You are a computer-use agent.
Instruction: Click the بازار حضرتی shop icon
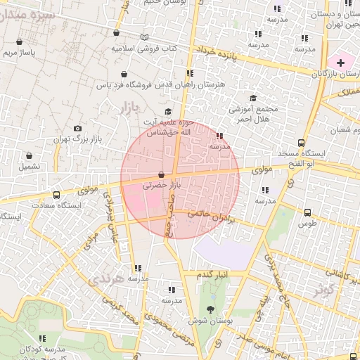tap(162, 174)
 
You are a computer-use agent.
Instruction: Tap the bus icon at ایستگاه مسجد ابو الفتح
tap(302, 143)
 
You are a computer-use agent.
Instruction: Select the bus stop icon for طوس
tap(307, 212)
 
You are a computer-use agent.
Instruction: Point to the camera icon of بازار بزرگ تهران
tap(77, 129)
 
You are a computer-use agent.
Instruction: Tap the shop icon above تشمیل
tap(29, 156)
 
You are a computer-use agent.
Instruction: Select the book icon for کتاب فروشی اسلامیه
tap(144, 37)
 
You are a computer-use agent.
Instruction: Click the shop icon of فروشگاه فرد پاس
tap(124, 74)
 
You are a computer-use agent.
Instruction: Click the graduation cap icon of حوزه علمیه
tap(167, 112)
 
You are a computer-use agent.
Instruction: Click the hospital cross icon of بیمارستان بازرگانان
tap(341, 63)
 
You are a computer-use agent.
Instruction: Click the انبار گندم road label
tap(211, 273)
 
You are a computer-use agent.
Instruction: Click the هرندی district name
tap(106, 278)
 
